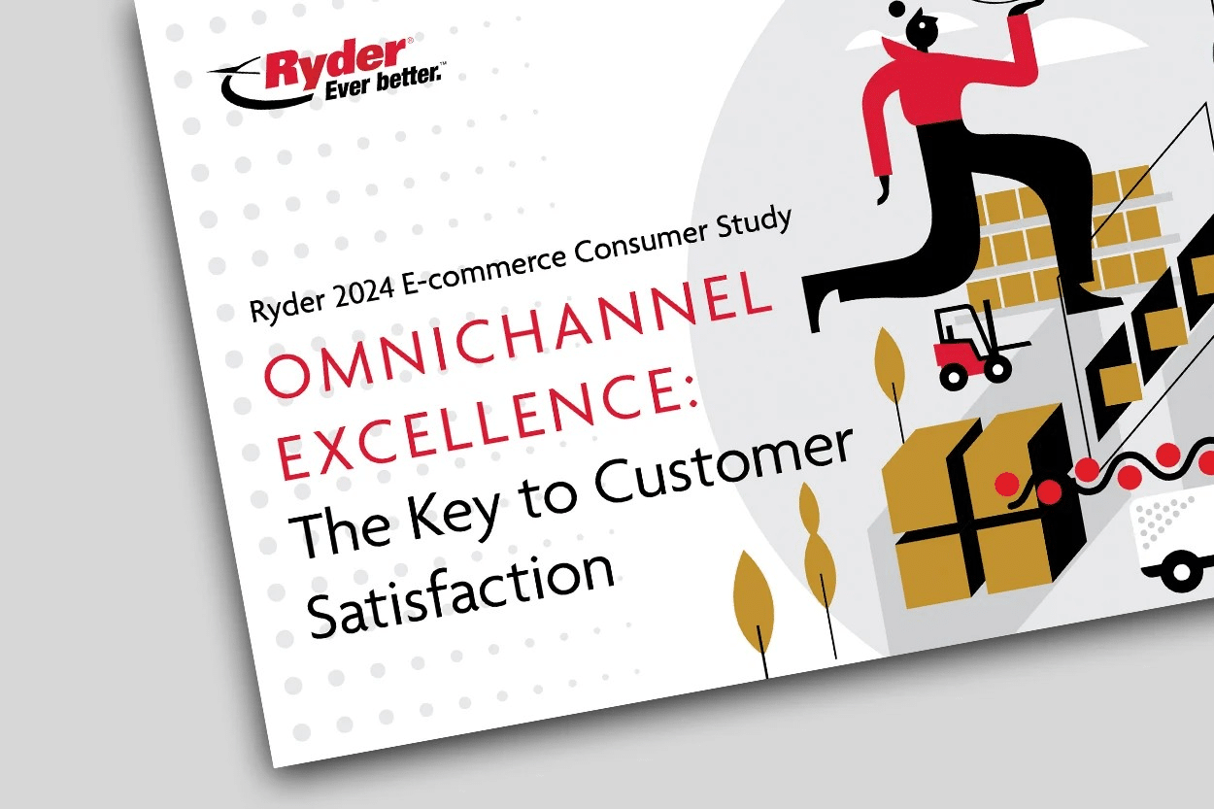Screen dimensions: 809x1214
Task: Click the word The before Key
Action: tap(337, 532)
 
